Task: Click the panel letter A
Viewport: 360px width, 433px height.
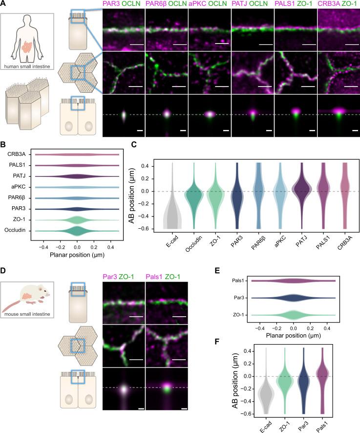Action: [x=4, y=4]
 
